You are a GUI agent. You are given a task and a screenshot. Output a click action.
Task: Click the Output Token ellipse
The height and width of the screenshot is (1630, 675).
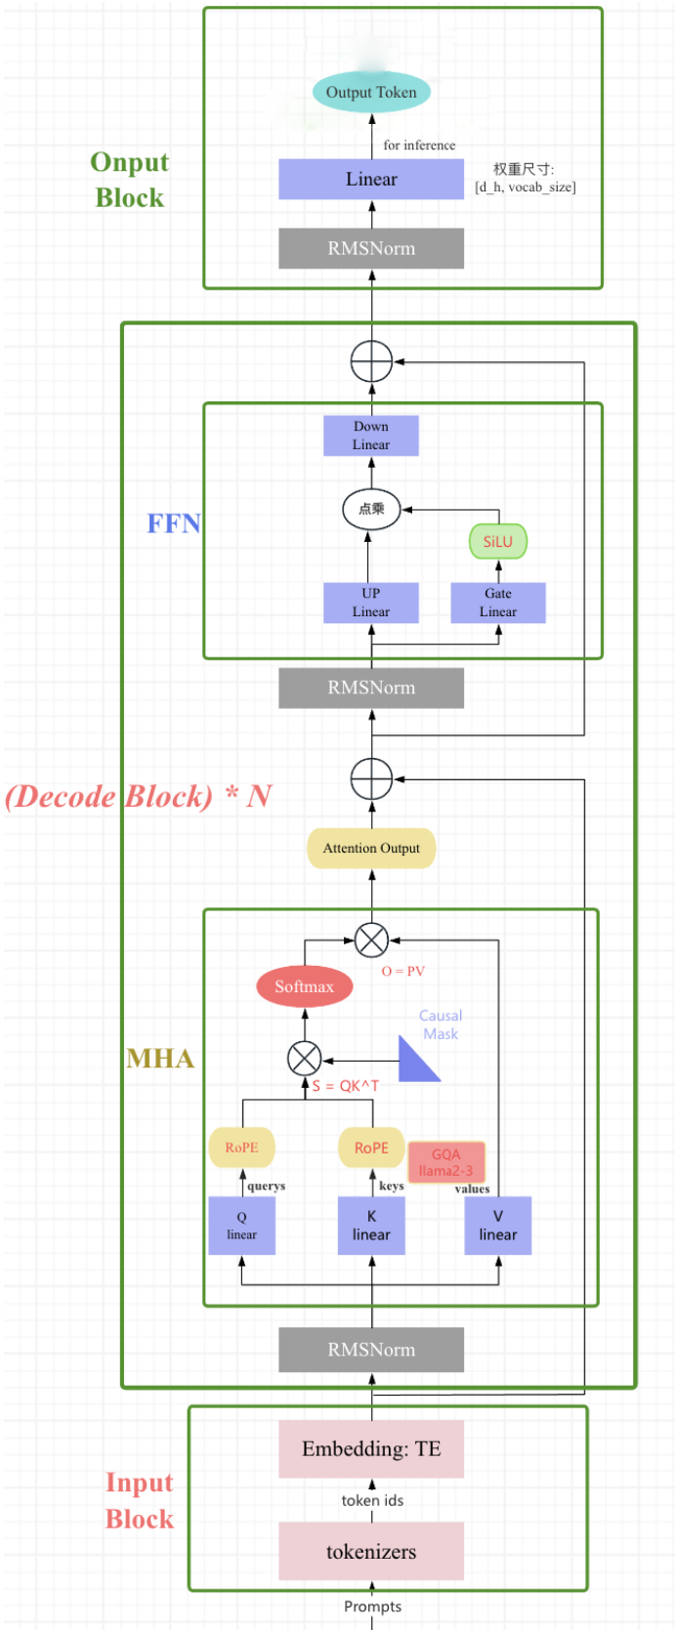click(x=371, y=92)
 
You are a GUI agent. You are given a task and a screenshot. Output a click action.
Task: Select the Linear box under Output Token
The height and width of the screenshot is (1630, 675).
click(x=371, y=179)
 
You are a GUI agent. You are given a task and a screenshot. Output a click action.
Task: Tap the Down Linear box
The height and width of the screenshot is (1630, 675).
click(x=371, y=436)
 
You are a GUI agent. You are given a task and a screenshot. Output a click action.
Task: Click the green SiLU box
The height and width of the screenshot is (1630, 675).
click(x=498, y=541)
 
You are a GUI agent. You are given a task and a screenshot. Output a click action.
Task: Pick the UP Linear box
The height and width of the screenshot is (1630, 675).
click(x=371, y=603)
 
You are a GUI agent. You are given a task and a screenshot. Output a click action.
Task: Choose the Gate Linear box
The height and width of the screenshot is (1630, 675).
click(x=498, y=603)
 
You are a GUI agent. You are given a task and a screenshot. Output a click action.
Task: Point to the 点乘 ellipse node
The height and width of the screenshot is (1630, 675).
click(x=371, y=509)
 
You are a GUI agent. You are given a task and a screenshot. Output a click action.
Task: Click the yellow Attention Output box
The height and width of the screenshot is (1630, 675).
click(x=371, y=848)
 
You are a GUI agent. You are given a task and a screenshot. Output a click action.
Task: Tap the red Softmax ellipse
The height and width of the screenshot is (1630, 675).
click(x=305, y=986)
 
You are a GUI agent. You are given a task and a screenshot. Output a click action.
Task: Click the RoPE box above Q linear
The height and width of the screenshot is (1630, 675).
click(x=241, y=1148)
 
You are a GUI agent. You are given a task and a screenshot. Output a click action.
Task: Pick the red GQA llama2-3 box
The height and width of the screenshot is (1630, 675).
click(x=445, y=1162)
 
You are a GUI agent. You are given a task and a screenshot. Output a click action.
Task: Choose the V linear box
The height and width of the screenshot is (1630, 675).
click(x=498, y=1226)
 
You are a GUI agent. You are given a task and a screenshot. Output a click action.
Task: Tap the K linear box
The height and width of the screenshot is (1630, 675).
click(x=371, y=1226)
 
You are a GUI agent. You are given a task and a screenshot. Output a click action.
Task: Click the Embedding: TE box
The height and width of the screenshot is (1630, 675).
click(x=371, y=1448)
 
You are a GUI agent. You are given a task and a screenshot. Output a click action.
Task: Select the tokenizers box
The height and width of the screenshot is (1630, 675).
click(x=371, y=1552)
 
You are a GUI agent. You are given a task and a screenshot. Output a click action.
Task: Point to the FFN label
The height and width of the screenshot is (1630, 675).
click(x=174, y=523)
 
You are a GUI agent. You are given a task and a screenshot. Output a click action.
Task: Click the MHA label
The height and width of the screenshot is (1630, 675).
click(x=160, y=1058)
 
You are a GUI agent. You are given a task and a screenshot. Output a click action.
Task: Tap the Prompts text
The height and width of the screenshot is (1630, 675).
click(x=373, y=1607)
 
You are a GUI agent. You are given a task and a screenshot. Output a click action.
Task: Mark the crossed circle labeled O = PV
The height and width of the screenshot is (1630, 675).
click(x=371, y=940)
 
